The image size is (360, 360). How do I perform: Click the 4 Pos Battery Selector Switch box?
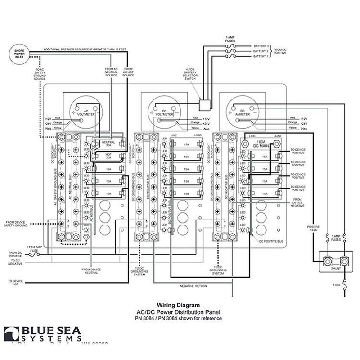(205, 104)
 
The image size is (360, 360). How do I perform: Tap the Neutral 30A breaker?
(108, 144)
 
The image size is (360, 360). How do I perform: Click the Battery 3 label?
(260, 46)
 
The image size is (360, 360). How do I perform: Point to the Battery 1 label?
(260, 57)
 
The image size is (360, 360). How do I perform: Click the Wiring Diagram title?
(179, 305)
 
